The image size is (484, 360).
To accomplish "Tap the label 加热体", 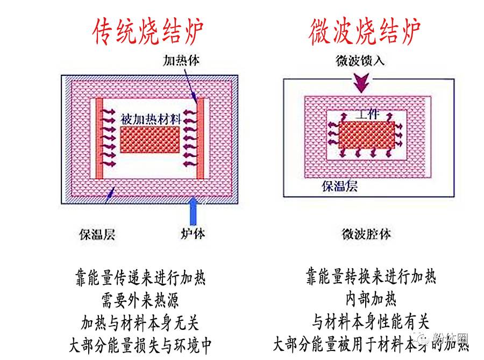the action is (x=181, y=60).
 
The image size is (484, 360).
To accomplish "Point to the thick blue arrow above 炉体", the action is (x=192, y=213).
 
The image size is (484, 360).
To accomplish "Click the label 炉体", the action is (x=192, y=234).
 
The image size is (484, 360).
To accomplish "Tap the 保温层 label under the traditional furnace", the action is (x=97, y=234).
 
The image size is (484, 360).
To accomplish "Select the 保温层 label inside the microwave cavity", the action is (x=339, y=186).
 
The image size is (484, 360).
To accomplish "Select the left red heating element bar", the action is (x=99, y=138).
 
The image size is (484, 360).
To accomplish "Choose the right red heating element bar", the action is (x=201, y=138).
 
